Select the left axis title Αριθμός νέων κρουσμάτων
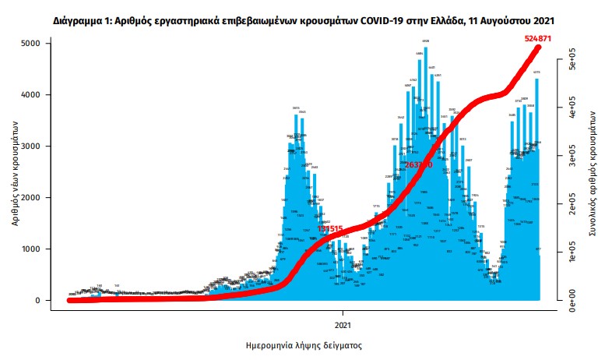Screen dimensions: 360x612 click(x=16, y=172)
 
